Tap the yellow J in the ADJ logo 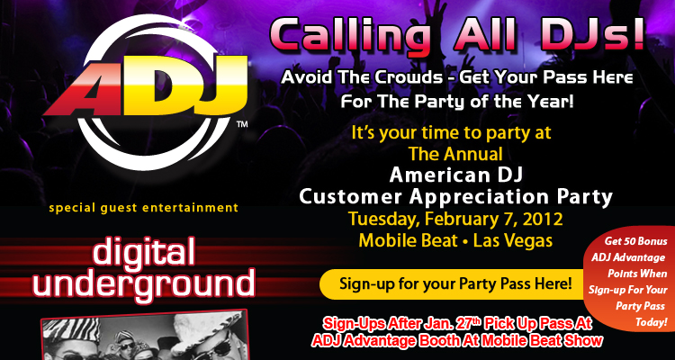[224, 88]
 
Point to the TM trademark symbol [242, 125]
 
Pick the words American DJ [456, 175]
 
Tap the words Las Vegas [513, 240]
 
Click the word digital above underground [144, 252]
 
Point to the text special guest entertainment [143, 208]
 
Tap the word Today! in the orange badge [651, 322]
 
